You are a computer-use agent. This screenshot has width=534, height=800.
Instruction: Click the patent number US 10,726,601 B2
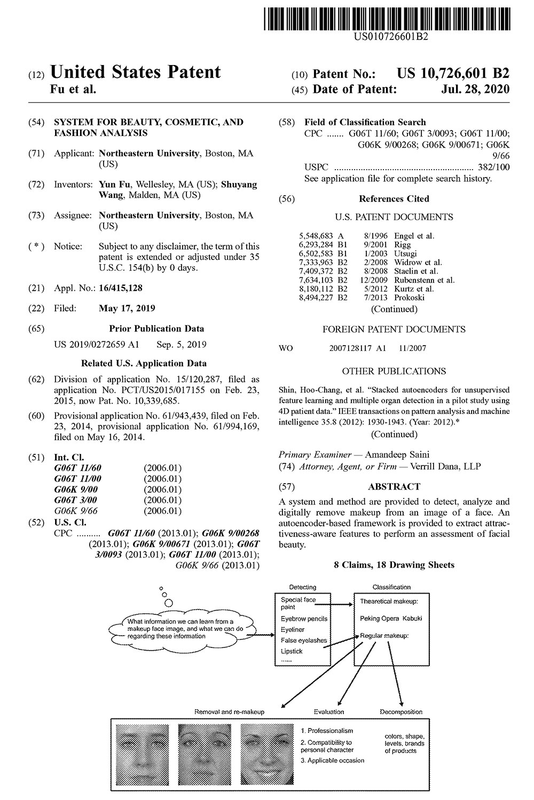click(x=453, y=74)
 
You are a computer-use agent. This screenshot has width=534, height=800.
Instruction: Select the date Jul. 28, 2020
click(x=475, y=89)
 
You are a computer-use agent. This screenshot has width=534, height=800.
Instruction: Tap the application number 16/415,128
click(x=121, y=288)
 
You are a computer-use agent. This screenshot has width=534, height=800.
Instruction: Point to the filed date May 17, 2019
click(x=127, y=308)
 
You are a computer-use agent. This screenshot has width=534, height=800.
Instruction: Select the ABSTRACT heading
click(x=394, y=486)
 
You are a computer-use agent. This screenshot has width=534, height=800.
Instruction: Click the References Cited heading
click(x=394, y=199)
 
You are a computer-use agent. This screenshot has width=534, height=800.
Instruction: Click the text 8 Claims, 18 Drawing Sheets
click(x=394, y=565)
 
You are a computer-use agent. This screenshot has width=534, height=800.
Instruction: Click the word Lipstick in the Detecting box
click(x=292, y=651)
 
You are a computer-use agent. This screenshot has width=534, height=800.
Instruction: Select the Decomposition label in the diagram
click(x=401, y=711)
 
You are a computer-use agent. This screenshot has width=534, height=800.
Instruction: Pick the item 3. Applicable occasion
click(x=332, y=761)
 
